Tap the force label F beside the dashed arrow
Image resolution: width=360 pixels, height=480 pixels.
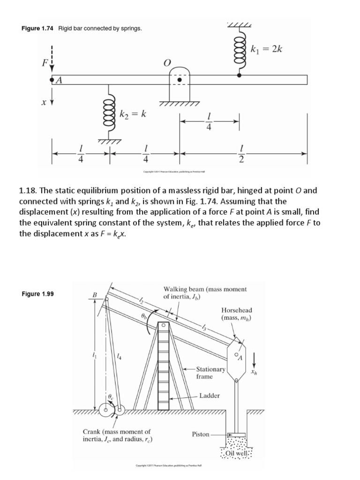pyautogui.click(x=45, y=62)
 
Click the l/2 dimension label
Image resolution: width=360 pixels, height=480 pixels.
pyautogui.click(x=241, y=154)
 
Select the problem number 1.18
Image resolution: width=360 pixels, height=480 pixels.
pyautogui.click(x=28, y=191)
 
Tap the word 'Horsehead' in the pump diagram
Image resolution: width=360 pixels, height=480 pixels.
pyautogui.click(x=236, y=310)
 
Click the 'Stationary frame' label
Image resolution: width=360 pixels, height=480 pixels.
pyautogui.click(x=205, y=373)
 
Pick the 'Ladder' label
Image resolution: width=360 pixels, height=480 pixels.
pyautogui.click(x=210, y=396)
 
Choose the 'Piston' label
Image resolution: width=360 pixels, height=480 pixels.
pyautogui.click(x=201, y=434)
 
